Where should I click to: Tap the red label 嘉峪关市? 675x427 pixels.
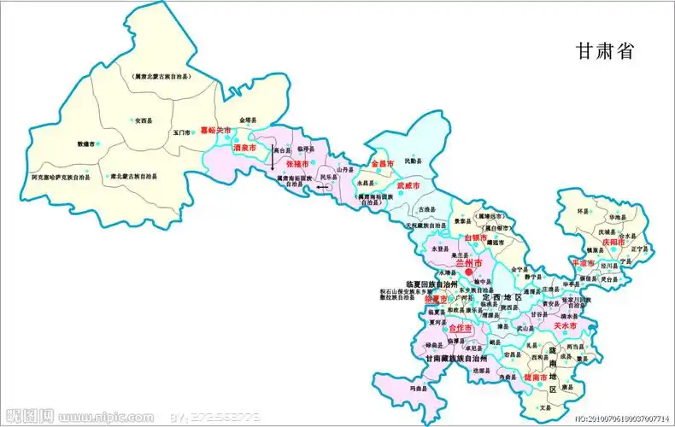(215, 131)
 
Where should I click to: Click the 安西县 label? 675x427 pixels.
(147, 120)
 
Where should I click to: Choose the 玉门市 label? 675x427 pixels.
(181, 132)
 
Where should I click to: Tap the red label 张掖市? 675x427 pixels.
(298, 162)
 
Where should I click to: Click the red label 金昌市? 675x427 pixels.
(381, 162)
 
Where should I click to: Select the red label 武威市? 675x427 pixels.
(408, 184)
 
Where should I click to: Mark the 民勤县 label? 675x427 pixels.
(413, 161)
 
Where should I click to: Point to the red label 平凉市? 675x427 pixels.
(584, 263)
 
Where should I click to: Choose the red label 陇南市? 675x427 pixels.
(536, 377)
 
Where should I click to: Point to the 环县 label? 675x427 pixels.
(584, 209)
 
